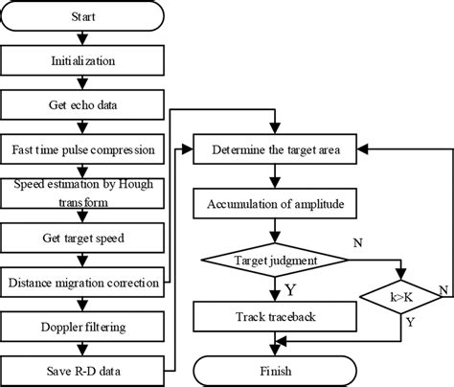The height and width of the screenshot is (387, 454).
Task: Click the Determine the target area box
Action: click(275, 148)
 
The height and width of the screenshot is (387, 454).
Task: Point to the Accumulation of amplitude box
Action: click(275, 203)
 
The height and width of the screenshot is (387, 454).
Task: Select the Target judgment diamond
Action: click(275, 259)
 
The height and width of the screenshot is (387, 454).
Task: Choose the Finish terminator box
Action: click(275, 370)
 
